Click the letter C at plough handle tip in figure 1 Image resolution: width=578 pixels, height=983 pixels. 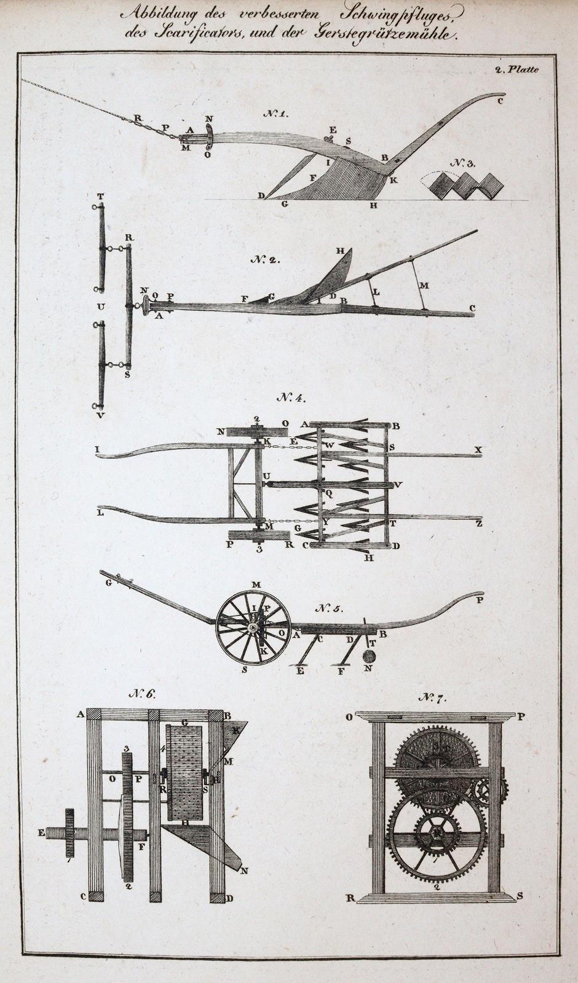(x=500, y=101)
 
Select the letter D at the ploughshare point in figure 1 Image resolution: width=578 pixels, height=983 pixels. (x=261, y=196)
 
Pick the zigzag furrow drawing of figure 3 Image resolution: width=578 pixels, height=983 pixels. (x=468, y=184)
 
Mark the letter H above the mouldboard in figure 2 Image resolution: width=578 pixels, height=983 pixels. (x=339, y=251)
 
